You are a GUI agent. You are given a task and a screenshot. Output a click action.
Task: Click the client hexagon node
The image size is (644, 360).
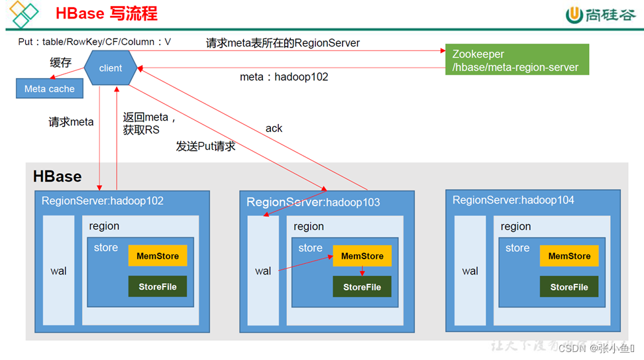pyautogui.click(x=111, y=68)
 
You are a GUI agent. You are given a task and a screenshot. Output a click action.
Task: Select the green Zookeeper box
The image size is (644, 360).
pyautogui.click(x=516, y=60)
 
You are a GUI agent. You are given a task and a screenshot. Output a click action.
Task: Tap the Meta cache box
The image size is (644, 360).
pyautogui.click(x=50, y=89)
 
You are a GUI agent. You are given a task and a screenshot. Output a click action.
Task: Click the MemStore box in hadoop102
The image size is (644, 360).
pyautogui.click(x=158, y=256)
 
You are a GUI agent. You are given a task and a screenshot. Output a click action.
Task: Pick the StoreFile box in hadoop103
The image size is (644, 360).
pyautogui.click(x=362, y=287)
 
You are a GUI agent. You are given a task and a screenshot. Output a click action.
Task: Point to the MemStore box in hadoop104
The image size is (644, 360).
pyautogui.click(x=569, y=256)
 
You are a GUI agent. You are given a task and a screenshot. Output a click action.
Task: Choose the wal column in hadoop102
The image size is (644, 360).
pyautogui.click(x=59, y=270)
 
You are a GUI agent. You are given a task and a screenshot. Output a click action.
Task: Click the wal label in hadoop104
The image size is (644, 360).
pyautogui.click(x=470, y=270)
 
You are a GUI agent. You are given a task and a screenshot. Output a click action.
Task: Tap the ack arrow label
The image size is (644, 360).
pyautogui.click(x=274, y=128)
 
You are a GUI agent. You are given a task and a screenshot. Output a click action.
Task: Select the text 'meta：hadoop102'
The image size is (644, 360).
pyautogui.click(x=284, y=77)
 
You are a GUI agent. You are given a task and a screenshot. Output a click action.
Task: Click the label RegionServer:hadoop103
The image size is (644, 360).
pyautogui.click(x=313, y=202)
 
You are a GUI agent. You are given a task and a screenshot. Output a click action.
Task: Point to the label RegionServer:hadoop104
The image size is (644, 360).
pyautogui.click(x=513, y=200)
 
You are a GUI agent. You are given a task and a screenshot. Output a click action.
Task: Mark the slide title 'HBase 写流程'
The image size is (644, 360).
pyautogui.click(x=106, y=14)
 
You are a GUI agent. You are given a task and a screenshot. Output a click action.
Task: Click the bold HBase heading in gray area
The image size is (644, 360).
pyautogui.click(x=58, y=176)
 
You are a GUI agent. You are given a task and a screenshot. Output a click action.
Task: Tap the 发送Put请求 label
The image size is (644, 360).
pyautogui.click(x=205, y=146)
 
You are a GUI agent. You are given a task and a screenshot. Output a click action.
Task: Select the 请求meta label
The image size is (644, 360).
pyautogui.click(x=71, y=122)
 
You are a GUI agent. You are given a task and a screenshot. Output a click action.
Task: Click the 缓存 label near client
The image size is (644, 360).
pyautogui.click(x=60, y=63)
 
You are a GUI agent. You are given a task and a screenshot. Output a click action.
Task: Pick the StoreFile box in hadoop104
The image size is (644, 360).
pyautogui.click(x=569, y=287)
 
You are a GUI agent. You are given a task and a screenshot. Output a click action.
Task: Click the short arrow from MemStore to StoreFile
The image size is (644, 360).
pyautogui.click(x=362, y=271)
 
